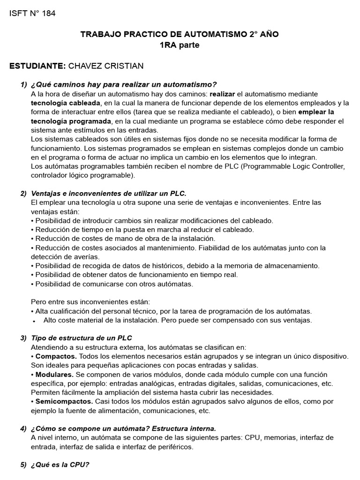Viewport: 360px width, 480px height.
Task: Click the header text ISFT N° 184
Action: [32, 14]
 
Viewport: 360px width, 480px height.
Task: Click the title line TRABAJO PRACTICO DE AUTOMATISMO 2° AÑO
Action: [180, 35]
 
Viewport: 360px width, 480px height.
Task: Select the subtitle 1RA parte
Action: [180, 45]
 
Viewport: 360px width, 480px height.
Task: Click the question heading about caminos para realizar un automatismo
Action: [124, 84]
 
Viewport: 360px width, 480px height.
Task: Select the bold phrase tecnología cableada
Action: [66, 103]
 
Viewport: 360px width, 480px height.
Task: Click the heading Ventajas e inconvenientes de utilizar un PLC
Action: [109, 193]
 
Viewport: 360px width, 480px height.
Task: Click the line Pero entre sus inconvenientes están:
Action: [90, 302]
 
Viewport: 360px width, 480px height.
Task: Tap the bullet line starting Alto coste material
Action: [177, 320]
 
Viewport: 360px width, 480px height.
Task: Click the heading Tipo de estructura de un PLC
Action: [85, 338]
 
